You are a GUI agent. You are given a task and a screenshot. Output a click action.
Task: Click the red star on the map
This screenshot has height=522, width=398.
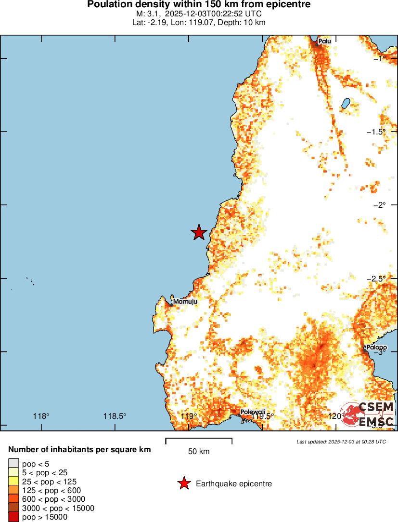pos(199,232)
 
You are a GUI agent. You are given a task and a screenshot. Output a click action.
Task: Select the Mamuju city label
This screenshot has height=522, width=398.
pos(185,302)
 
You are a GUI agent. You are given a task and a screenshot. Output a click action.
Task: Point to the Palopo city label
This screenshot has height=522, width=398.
pos(376,347)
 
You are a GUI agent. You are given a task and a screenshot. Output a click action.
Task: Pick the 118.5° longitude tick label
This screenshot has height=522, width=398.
pos(115,416)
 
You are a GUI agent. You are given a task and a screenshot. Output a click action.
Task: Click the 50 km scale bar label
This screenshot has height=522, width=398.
pos(199,452)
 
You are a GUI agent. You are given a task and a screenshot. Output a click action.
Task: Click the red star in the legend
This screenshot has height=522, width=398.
pos(183,483)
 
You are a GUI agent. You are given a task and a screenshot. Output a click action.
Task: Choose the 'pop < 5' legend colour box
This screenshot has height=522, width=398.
pos(13,464)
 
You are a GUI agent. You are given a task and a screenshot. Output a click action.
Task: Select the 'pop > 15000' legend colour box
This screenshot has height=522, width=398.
pos(13,517)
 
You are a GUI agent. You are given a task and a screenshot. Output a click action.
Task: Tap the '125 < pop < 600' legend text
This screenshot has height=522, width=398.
pos(51,490)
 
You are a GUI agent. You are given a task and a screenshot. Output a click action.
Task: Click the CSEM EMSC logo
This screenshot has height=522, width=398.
pos(368,414)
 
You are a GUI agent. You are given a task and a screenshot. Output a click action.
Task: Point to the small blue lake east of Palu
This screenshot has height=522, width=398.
pos(346,103)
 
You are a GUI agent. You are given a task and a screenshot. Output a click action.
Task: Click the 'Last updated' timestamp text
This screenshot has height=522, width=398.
pos(341,442)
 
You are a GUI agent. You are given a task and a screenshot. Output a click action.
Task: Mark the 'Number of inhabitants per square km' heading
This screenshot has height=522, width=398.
pos(79,450)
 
